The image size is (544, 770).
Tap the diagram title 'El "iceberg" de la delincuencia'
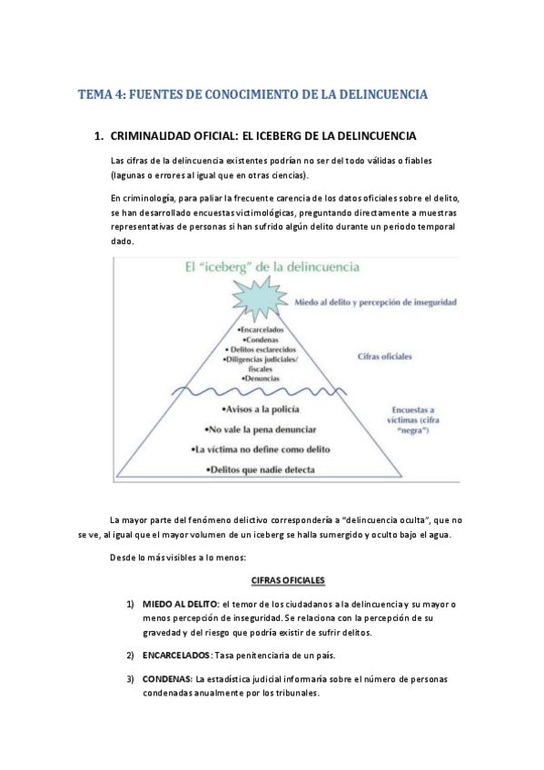[258, 267]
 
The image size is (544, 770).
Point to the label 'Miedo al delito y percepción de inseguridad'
[374, 301]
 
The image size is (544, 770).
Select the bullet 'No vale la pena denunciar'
[259, 429]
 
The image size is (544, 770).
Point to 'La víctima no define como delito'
[260, 449]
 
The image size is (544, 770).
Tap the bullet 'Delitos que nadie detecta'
[259, 469]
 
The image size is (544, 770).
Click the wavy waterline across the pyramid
[260, 391]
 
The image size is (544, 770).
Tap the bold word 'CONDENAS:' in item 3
[168, 679]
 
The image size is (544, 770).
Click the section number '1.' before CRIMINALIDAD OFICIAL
[99, 136]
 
